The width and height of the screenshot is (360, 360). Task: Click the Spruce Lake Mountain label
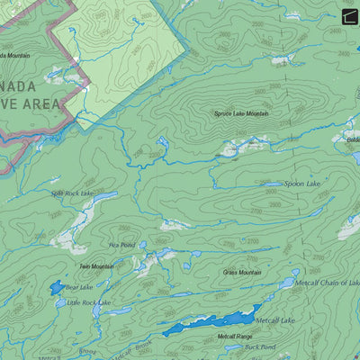click(x=241, y=113)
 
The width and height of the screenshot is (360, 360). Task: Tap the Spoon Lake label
click(x=301, y=184)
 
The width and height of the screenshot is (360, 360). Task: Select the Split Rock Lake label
click(x=72, y=193)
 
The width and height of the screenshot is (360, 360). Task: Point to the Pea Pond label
click(x=121, y=245)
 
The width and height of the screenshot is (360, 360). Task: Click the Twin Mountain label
click(x=96, y=266)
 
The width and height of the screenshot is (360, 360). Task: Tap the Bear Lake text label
click(x=79, y=287)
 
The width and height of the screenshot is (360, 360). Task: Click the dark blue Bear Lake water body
click(x=58, y=287)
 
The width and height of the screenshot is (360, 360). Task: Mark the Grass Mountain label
click(x=242, y=272)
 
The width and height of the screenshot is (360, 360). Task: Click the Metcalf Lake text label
click(x=275, y=320)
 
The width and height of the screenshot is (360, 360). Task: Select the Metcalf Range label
click(x=234, y=337)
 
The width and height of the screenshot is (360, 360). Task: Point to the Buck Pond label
click(x=260, y=346)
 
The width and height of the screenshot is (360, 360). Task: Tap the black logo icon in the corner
click(x=349, y=14)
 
